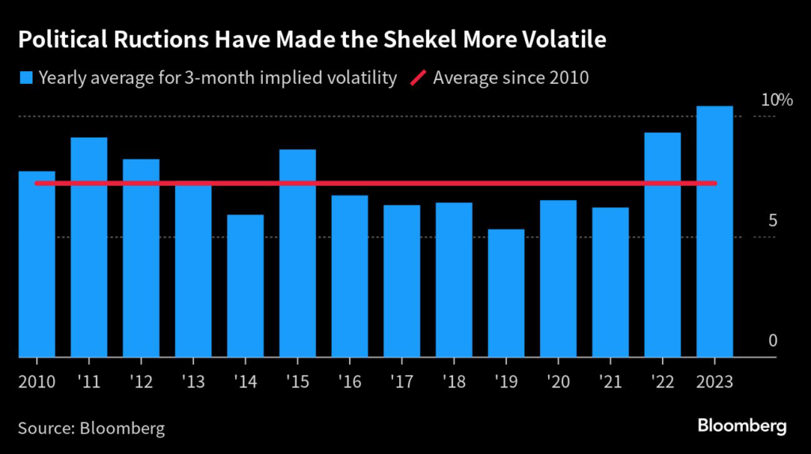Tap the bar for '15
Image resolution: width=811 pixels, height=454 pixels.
(298, 253)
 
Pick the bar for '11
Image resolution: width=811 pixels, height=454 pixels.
(89, 247)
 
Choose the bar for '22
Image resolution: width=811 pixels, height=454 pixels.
(662, 244)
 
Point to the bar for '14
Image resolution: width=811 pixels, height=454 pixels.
(246, 286)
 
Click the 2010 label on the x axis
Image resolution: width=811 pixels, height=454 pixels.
(36, 381)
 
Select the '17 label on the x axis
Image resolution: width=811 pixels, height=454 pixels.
(402, 381)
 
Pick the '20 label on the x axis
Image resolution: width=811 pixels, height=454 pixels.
(558, 381)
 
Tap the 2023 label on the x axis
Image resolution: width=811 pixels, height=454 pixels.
(714, 381)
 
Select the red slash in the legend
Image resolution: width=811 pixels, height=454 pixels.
(418, 78)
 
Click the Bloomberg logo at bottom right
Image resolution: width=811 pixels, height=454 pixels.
(742, 426)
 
